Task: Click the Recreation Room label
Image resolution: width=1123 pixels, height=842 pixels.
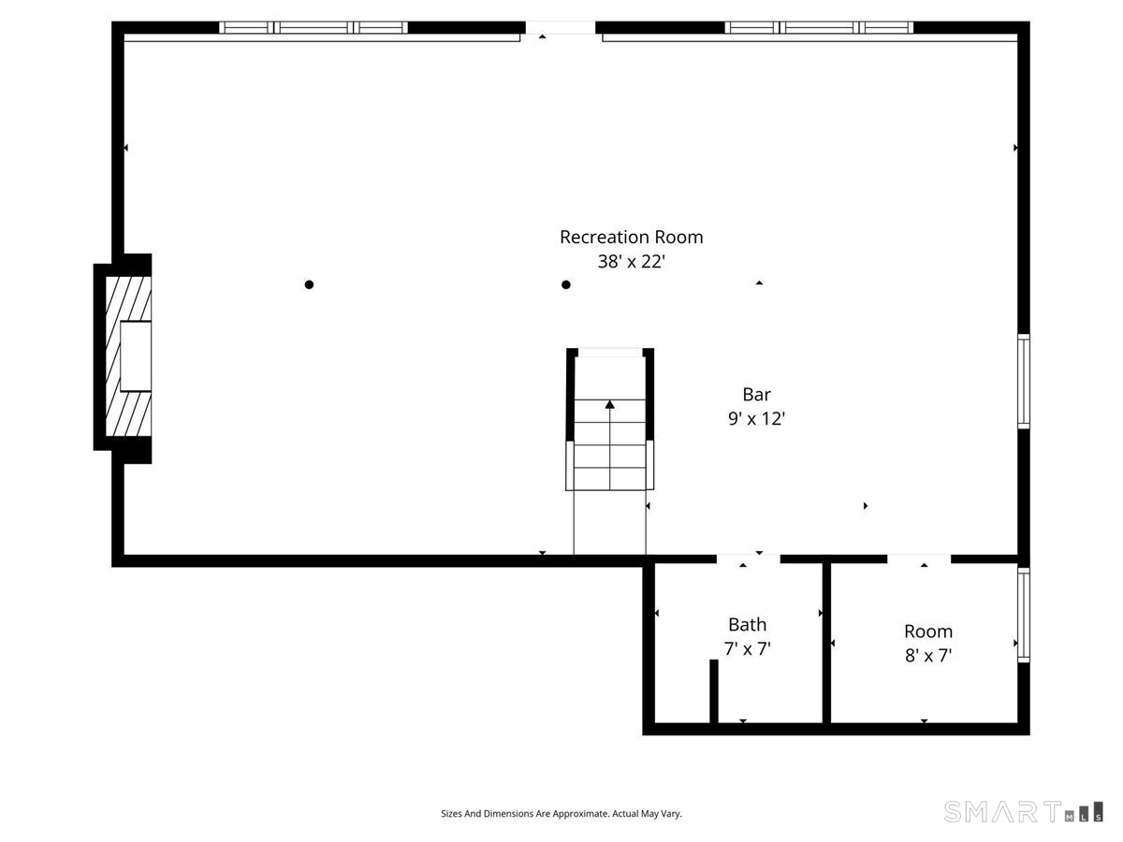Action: point(631,238)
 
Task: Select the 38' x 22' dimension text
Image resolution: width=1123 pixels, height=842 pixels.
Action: point(631,262)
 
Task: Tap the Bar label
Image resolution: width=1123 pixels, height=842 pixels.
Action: point(756,395)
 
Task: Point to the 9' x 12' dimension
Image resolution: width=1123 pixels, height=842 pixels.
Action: point(756,419)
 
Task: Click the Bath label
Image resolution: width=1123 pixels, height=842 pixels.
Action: point(747,624)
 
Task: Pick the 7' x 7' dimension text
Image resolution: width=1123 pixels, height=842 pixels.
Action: point(747,648)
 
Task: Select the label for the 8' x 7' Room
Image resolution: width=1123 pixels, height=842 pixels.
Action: point(927,631)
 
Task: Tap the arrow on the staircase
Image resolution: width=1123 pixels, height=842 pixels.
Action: point(609,405)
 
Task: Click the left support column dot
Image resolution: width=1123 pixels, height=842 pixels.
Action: point(309,284)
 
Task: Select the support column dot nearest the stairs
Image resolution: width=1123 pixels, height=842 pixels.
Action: point(565,284)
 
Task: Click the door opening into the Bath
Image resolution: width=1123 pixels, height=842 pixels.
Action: point(748,559)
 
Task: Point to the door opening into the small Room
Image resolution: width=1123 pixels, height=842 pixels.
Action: point(919,559)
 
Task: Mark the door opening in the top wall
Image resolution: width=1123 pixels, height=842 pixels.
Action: point(560,28)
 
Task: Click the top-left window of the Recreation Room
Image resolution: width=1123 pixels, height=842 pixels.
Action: point(314,27)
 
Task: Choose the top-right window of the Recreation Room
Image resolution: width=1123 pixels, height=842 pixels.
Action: point(819,27)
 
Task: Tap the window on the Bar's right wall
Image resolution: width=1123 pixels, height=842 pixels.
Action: point(1023,381)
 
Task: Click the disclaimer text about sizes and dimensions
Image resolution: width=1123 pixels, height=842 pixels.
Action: point(561,814)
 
